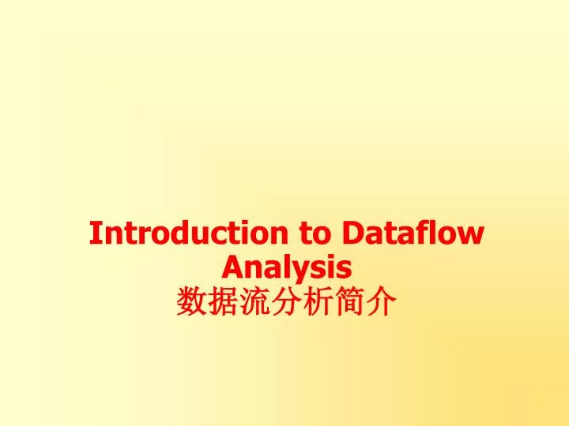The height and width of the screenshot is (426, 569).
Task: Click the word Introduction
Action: click(x=190, y=234)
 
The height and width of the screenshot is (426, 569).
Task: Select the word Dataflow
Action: click(x=414, y=234)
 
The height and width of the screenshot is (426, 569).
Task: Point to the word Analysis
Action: click(x=287, y=268)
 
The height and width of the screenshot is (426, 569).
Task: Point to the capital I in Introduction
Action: click(x=95, y=234)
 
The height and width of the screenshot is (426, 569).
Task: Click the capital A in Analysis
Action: click(x=233, y=268)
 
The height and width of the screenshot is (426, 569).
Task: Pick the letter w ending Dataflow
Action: click(x=473, y=236)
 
